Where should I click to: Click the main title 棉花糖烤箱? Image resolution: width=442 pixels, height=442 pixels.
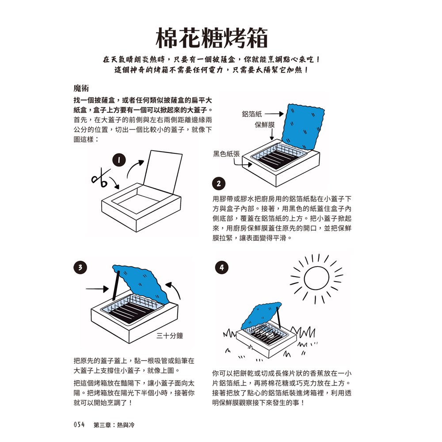211,38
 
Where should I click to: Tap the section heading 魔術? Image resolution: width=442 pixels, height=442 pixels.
81,88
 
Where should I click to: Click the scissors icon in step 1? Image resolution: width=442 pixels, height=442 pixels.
101,178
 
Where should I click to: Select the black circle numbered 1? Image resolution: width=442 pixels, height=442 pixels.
119,160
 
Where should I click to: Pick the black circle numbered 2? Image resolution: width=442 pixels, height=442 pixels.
218,184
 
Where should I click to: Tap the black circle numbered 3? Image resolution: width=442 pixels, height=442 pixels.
80,267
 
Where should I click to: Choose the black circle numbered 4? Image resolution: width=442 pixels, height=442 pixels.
221,267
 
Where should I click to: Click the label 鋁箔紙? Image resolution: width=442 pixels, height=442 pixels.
252,114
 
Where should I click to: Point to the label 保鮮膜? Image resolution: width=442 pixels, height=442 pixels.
265,125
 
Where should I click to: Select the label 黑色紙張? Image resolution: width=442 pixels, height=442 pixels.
226,154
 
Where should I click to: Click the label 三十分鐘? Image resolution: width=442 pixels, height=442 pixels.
170,336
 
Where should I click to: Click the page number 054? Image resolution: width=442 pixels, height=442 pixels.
79,424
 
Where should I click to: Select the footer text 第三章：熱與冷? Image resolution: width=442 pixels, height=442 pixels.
114,425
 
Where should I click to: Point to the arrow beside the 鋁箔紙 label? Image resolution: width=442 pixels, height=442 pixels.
274,114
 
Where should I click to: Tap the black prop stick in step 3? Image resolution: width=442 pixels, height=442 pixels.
116,285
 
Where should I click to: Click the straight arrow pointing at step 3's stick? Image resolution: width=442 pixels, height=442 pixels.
97,289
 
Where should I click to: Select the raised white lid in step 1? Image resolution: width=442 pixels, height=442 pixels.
163,172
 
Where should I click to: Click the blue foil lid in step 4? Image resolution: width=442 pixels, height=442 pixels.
261,316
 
